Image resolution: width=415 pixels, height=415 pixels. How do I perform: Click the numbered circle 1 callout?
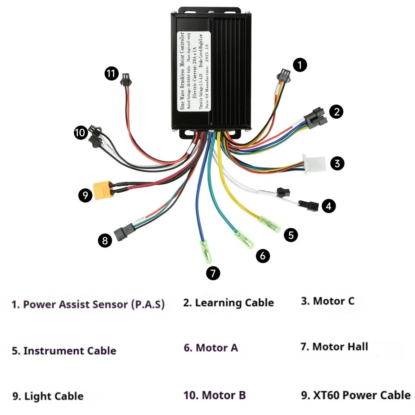[300, 65]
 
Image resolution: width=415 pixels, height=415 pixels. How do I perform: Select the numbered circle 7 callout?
[213, 273]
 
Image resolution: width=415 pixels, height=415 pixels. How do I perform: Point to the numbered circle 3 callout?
[337, 163]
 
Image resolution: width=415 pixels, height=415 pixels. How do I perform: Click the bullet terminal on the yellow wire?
[270, 224]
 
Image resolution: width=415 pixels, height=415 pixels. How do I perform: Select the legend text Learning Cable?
[228, 303]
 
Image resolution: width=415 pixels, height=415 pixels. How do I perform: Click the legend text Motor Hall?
[334, 346]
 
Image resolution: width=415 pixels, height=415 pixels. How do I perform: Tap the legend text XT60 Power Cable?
[356, 395]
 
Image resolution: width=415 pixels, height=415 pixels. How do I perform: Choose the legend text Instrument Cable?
[64, 351]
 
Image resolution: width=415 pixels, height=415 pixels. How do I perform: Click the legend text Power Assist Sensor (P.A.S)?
[88, 304]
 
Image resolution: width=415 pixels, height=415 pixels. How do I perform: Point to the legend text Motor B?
[215, 395]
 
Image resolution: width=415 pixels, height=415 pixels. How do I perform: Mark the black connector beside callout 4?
[309, 205]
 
